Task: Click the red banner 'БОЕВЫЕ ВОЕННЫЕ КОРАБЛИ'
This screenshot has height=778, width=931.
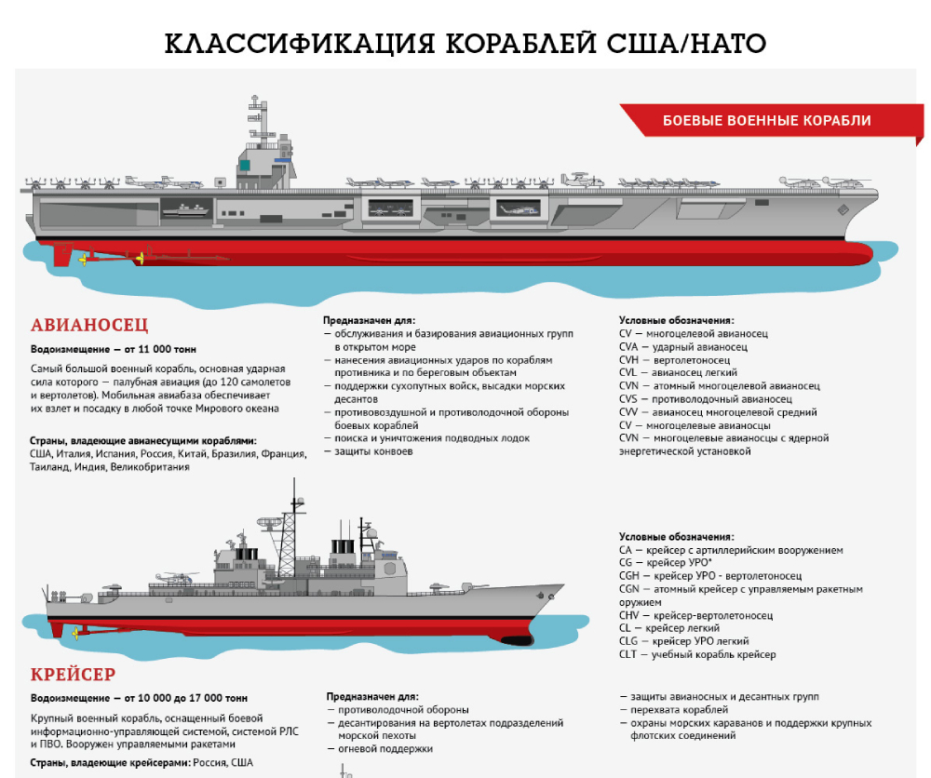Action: (x=766, y=121)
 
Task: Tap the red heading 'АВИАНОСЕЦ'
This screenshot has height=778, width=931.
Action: (x=89, y=326)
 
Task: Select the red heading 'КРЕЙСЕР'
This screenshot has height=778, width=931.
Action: (x=73, y=674)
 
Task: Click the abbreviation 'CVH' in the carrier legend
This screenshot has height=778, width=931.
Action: (x=628, y=359)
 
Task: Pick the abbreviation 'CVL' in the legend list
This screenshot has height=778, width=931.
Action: (x=628, y=372)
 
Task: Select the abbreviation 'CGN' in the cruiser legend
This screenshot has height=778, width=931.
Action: (x=629, y=589)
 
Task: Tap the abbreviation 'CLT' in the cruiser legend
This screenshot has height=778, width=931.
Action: (x=628, y=654)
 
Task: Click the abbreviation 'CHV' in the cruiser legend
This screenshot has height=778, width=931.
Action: (x=629, y=615)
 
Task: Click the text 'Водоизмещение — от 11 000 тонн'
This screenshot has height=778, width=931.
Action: (x=114, y=350)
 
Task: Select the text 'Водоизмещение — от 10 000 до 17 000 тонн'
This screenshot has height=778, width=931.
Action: (x=139, y=697)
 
